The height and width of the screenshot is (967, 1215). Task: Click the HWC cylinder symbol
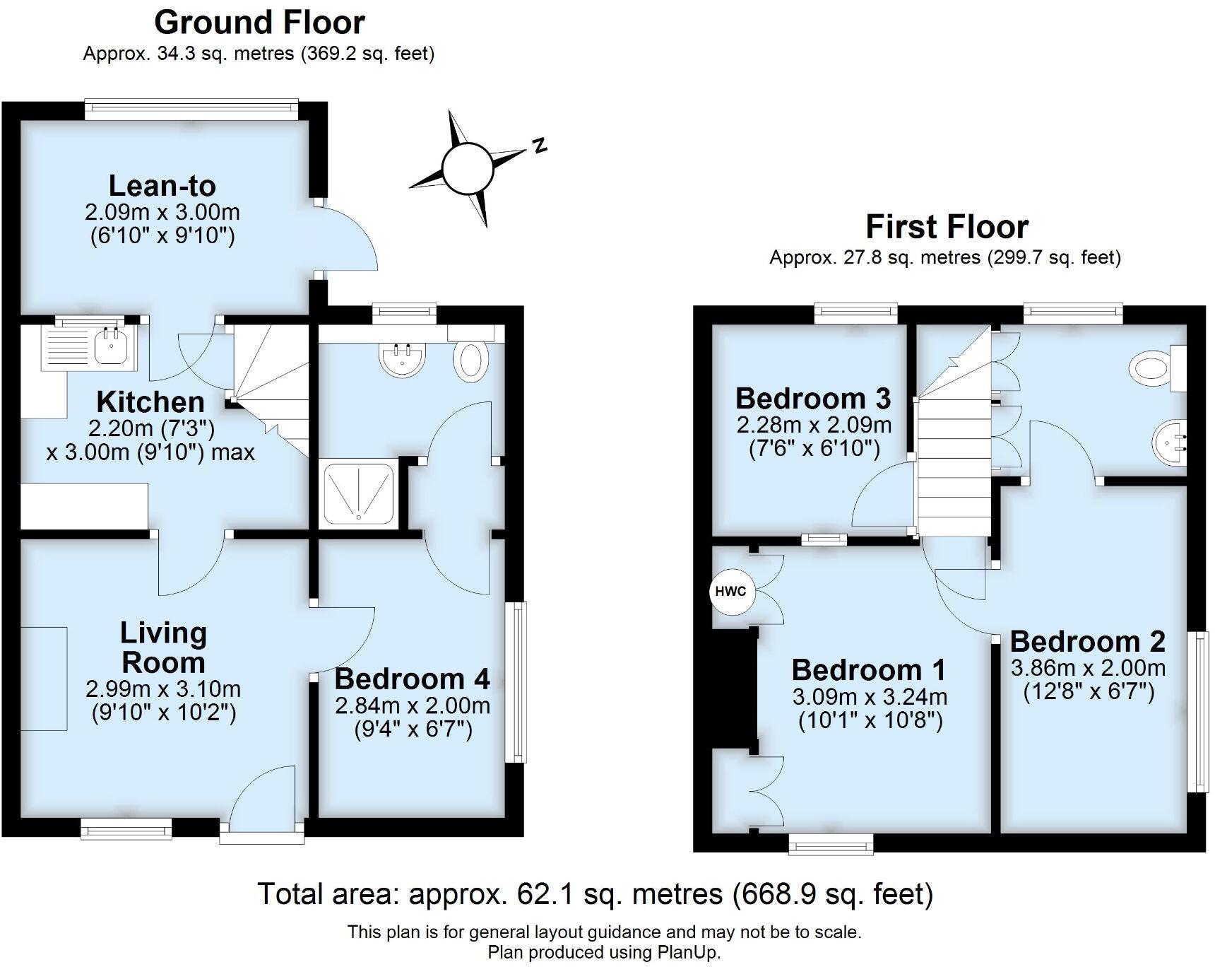coord(730,592)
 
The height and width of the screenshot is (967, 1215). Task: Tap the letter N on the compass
coord(540,145)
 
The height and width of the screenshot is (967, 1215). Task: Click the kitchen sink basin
coord(111,346)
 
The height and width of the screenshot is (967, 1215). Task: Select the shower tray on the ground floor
coord(359,494)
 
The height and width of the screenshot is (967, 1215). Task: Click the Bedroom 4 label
coord(412,679)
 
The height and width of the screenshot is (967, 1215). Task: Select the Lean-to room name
coord(162,186)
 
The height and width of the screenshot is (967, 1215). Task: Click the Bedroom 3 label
coord(813,399)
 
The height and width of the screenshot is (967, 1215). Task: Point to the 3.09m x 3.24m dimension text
coord(870,697)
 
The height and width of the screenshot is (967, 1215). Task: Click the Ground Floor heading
coord(259,23)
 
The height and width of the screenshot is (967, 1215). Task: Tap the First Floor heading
coord(947,227)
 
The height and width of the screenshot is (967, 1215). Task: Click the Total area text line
coord(595,894)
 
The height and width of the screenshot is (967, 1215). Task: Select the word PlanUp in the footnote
coord(689,951)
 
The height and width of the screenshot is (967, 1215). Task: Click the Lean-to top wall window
coord(191,107)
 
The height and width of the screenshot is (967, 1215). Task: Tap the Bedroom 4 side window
coord(518,681)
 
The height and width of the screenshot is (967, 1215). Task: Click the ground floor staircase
coord(272,385)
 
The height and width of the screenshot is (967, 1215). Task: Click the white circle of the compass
coord(467,168)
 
